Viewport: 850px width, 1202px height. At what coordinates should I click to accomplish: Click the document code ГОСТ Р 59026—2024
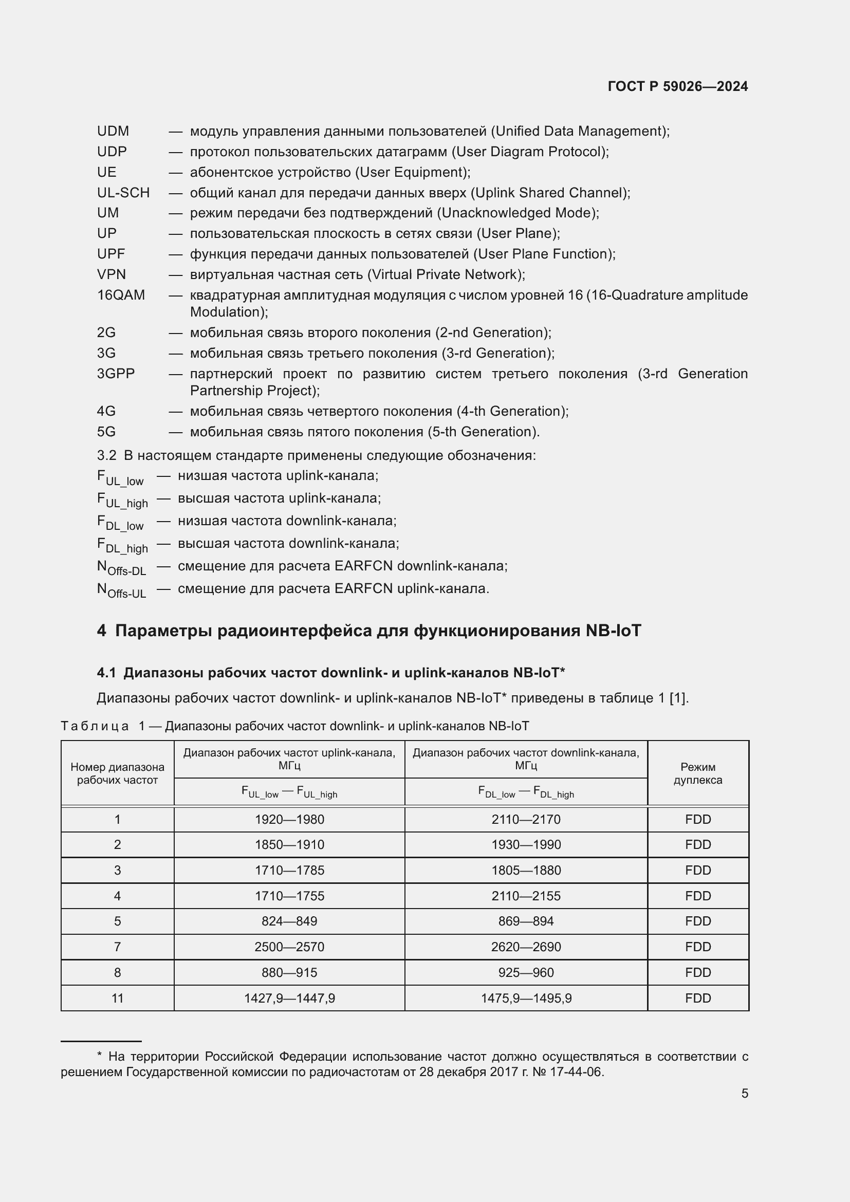click(677, 86)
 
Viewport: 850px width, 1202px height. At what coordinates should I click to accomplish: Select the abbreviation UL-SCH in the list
click(123, 193)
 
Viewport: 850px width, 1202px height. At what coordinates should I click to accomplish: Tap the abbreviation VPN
click(111, 274)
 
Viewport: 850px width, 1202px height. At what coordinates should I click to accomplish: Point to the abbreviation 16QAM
click(121, 295)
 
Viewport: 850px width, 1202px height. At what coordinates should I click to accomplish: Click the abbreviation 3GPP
click(116, 373)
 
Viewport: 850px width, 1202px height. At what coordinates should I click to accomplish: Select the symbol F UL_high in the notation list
click(122, 500)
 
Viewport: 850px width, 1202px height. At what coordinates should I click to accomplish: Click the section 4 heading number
click(101, 631)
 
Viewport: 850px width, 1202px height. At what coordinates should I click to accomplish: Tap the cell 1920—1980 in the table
click(289, 819)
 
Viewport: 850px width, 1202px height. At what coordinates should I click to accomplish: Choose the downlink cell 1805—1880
click(526, 870)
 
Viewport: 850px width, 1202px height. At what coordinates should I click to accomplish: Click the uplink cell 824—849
click(289, 921)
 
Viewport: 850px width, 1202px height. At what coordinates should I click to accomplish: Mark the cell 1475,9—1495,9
click(526, 998)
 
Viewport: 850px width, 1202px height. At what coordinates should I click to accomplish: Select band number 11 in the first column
click(117, 998)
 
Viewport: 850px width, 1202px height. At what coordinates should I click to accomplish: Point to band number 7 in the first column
click(117, 947)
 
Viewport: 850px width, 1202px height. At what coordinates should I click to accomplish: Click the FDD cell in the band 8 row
click(698, 972)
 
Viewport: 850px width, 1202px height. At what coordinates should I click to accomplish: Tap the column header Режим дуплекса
click(698, 773)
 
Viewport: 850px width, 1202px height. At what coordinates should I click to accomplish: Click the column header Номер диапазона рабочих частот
click(117, 773)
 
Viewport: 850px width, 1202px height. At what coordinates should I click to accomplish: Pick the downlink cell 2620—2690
click(526, 947)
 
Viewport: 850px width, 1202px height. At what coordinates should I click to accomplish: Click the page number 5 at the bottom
click(744, 1093)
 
